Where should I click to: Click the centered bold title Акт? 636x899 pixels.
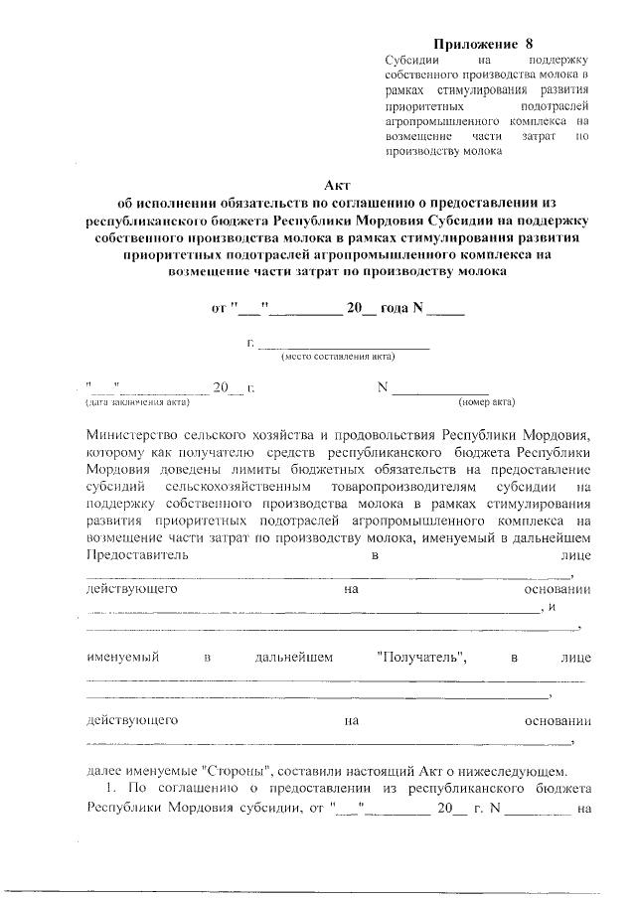[x=338, y=183]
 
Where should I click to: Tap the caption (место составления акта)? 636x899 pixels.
[x=338, y=357]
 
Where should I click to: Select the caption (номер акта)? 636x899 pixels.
[x=486, y=402]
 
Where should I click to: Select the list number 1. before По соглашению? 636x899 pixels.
[x=112, y=790]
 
